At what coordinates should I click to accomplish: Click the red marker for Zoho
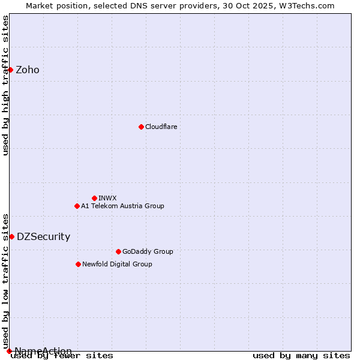pyautogui.click(x=10, y=70)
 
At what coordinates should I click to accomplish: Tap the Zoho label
pyautogui.click(x=28, y=70)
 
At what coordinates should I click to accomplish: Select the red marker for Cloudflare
pyautogui.click(x=141, y=127)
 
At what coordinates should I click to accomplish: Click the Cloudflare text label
pyautogui.click(x=161, y=127)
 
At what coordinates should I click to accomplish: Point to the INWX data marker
pyautogui.click(x=94, y=198)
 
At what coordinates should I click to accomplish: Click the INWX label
pyautogui.click(x=107, y=199)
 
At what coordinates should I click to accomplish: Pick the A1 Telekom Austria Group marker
pyautogui.click(x=77, y=206)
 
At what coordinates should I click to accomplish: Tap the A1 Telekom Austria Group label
pyautogui.click(x=122, y=206)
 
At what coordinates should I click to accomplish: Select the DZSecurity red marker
pyautogui.click(x=11, y=236)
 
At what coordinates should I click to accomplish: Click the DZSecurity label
pyautogui.click(x=43, y=237)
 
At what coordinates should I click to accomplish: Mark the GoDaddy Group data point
pyautogui.click(x=118, y=251)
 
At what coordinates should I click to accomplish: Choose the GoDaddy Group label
pyautogui.click(x=148, y=252)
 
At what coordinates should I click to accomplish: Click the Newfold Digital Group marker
pyautogui.click(x=78, y=264)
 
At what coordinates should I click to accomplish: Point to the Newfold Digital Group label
pyautogui.click(x=117, y=265)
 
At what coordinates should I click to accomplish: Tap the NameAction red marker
pyautogui.click(x=9, y=351)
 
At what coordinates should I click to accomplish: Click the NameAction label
pyautogui.click(x=43, y=352)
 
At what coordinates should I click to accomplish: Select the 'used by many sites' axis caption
pyautogui.click(x=301, y=356)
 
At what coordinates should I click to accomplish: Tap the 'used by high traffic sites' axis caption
pyautogui.click(x=6, y=85)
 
